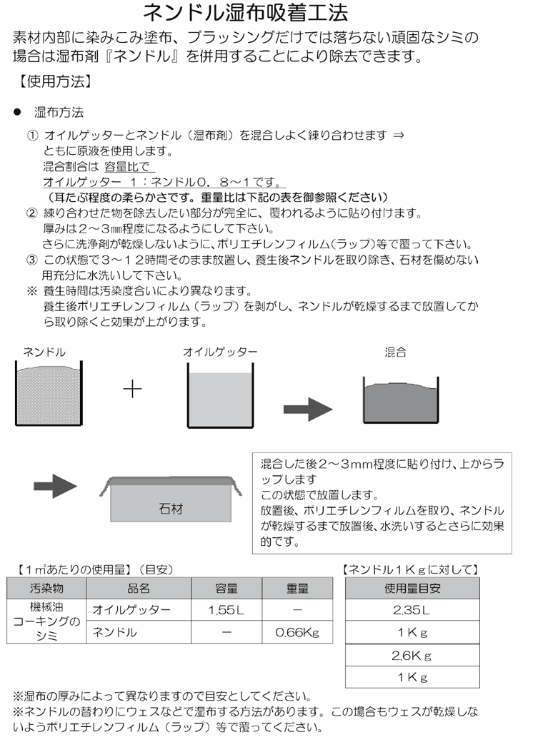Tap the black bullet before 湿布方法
click(16, 113)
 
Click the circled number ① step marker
click(32, 136)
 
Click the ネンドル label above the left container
click(44, 352)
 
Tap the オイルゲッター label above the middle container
click(219, 352)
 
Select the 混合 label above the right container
click(395, 352)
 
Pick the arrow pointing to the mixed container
click(308, 409)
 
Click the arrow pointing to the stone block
click(55, 487)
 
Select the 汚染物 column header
click(46, 589)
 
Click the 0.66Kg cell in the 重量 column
click(297, 633)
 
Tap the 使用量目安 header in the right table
click(412, 589)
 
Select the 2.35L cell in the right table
click(412, 611)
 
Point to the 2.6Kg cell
click(412, 655)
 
